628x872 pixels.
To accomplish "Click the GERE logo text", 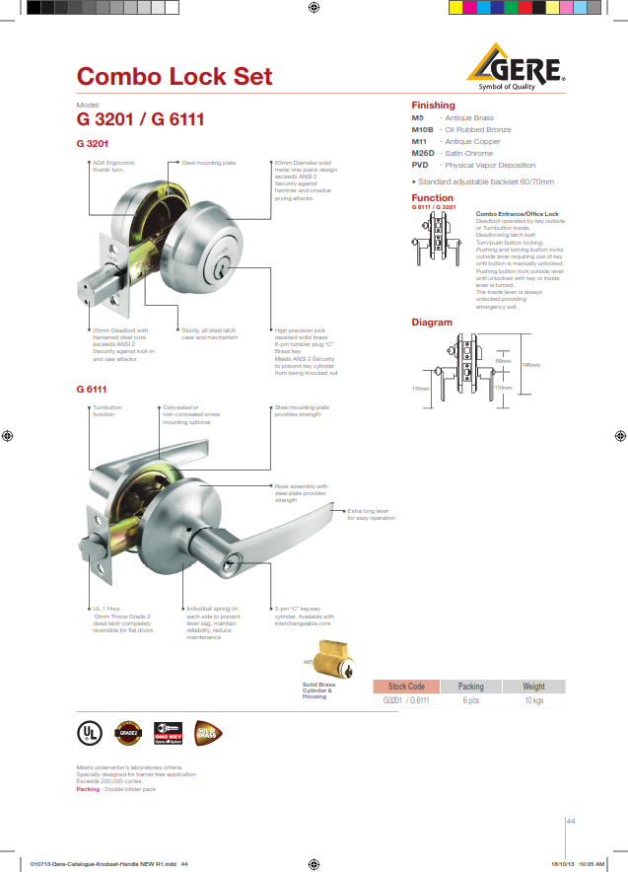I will point(526,68).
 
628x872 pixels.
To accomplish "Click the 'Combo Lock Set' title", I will point(174,77).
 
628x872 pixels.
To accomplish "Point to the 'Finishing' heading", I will point(433,105).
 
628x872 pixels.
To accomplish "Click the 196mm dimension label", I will point(530,366).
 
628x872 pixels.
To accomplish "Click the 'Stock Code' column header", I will point(406,686).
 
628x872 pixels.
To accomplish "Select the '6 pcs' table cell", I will point(470,699).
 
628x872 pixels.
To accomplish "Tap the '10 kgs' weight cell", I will point(533,699).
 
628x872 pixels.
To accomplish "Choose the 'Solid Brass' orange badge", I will point(208,732).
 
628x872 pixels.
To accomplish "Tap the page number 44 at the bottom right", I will point(570,821).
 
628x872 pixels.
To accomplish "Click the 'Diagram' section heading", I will point(432,323).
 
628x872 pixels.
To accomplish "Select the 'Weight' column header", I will point(533,686).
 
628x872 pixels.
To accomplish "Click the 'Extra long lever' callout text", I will point(370,514).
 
